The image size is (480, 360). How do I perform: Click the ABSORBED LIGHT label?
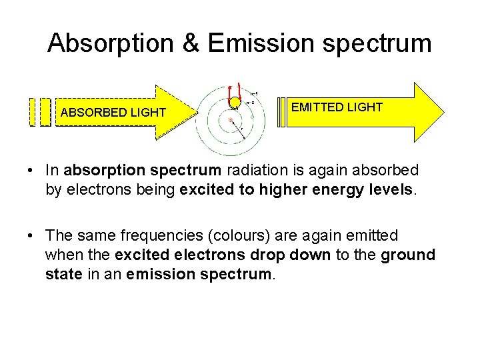click(x=113, y=113)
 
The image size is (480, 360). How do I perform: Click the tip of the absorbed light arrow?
click(x=197, y=112)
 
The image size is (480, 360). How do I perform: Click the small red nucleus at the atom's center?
click(x=231, y=121)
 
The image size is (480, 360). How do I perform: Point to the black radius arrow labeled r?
click(x=237, y=129)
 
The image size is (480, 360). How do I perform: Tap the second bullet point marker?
click(x=31, y=235)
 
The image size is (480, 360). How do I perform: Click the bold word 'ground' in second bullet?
click(x=407, y=255)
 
